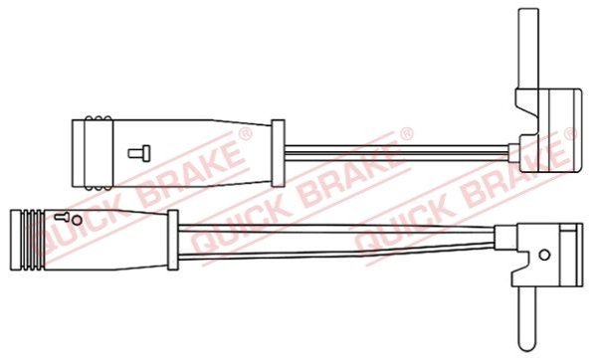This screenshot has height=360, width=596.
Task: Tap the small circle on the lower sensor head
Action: point(544,255)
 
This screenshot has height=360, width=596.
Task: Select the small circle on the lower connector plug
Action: point(77,220)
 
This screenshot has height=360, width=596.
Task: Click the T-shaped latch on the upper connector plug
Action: point(139,153)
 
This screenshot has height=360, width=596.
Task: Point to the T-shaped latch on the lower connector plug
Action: point(62,217)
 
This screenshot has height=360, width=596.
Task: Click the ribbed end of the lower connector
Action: point(28,240)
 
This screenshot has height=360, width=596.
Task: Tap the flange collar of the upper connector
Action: point(278,153)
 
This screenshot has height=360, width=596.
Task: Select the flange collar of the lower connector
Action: point(173,240)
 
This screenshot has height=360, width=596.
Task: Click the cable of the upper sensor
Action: point(396,153)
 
